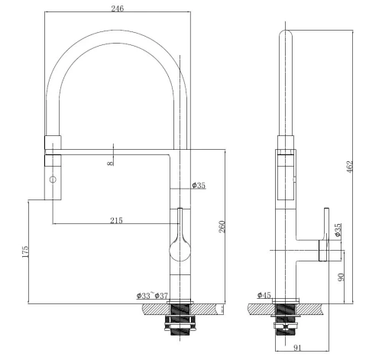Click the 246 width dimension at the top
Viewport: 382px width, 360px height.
pyautogui.click(x=116, y=8)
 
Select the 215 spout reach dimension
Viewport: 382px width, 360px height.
pyautogui.click(x=116, y=220)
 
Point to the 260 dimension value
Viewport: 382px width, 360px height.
pyautogui.click(x=222, y=226)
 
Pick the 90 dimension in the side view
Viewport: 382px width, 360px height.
pyautogui.click(x=342, y=277)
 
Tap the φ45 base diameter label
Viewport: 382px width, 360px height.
pyautogui.click(x=264, y=294)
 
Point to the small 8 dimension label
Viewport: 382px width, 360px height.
pyautogui.click(x=110, y=162)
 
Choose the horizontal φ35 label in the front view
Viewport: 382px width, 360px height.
pyautogui.click(x=199, y=185)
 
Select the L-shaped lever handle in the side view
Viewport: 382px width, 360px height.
pyautogui.click(x=324, y=237)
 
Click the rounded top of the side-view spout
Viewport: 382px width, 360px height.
pyautogui.click(x=286, y=35)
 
